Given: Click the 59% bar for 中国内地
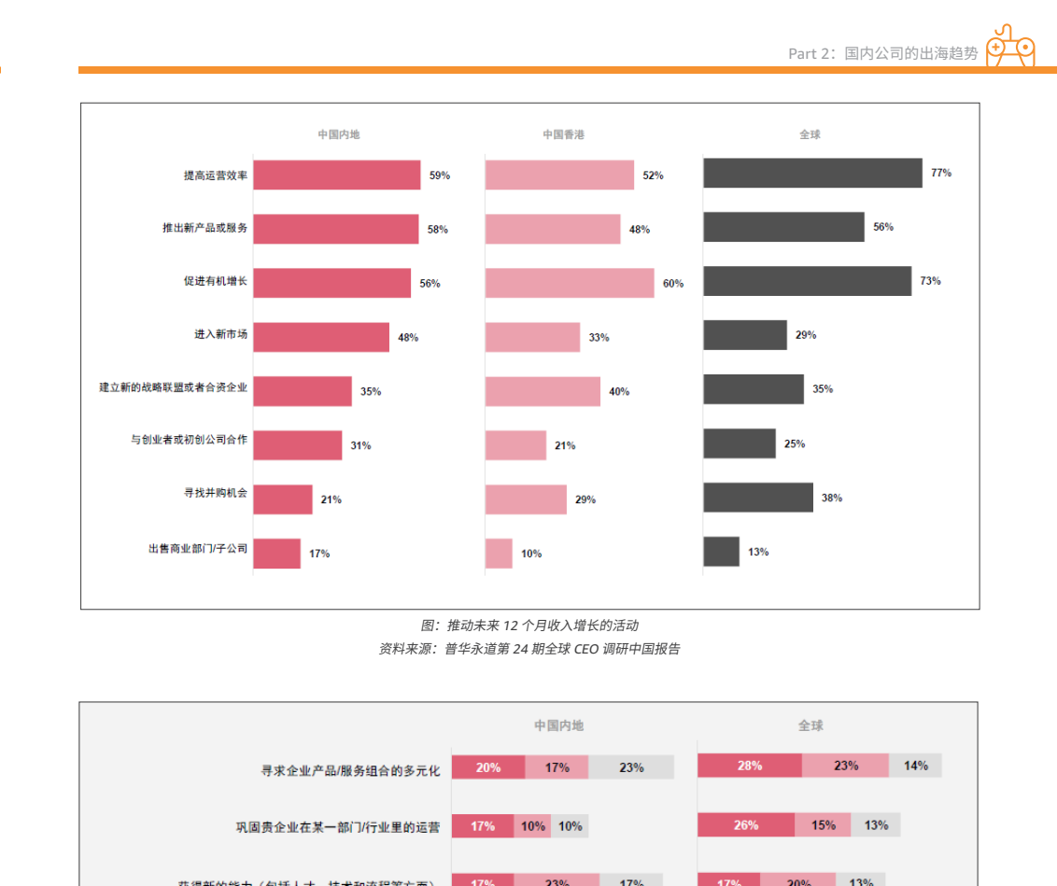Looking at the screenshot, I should tap(336, 175).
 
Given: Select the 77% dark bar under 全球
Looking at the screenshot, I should tap(812, 173).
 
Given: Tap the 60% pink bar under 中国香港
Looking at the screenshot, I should tap(570, 283).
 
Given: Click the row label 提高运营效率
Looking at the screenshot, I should tap(216, 175).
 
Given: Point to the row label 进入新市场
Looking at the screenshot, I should tap(221, 334).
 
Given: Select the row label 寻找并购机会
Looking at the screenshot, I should tap(216, 492).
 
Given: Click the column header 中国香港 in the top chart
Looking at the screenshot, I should tap(564, 134).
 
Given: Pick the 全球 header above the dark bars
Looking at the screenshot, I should tap(810, 134).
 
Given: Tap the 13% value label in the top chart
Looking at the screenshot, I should tap(758, 552).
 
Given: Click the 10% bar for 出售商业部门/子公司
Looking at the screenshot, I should tap(499, 554).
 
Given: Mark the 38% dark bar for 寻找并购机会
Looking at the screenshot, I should tap(758, 498).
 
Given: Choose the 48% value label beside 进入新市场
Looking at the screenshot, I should tap(408, 337).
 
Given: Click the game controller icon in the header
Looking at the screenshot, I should tap(1010, 47).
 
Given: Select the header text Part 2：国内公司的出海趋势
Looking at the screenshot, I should tap(882, 53).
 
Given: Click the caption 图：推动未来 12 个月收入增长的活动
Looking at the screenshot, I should tap(528, 626).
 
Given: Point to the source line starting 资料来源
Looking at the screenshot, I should tap(528, 649).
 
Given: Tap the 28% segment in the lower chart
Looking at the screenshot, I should tap(749, 766).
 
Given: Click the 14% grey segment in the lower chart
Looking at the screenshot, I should tap(915, 766).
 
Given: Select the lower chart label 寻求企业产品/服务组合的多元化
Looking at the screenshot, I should tap(350, 770).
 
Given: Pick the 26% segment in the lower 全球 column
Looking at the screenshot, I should tap(746, 825).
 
